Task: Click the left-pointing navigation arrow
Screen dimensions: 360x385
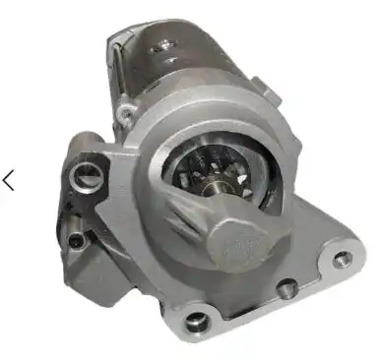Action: click(9, 180)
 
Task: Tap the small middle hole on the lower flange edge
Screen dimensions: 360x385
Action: click(288, 288)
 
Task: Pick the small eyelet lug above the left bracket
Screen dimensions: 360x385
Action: click(125, 116)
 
